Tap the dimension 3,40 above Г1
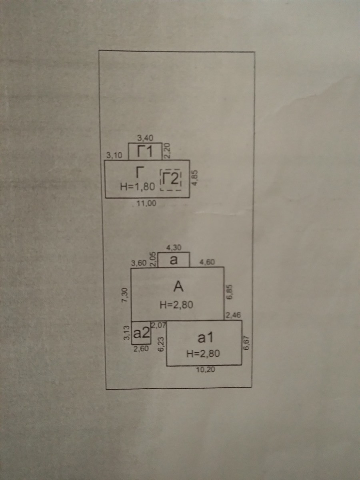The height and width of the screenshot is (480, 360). [145, 138]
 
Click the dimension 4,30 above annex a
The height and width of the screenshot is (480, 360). [174, 248]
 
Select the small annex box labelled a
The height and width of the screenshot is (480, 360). [174, 260]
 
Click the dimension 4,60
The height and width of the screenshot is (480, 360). [207, 262]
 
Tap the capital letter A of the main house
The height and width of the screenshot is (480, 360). [178, 286]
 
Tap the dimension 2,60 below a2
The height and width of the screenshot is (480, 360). [141, 348]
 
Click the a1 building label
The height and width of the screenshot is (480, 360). [204, 338]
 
